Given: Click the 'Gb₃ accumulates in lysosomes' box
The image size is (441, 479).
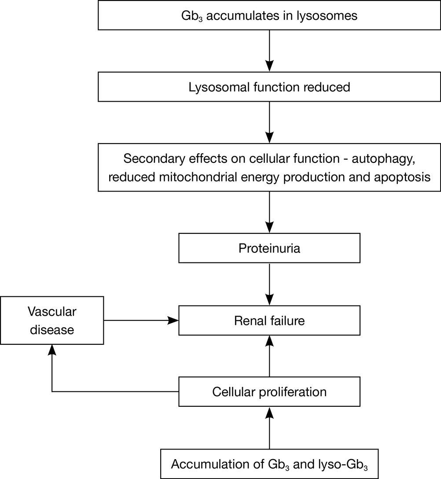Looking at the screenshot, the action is coord(269,15).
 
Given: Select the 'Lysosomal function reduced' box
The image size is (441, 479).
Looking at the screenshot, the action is coord(269,87).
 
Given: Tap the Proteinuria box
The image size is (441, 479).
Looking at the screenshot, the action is coord(269,248).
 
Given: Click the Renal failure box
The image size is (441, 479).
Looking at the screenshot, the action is coord(269,321).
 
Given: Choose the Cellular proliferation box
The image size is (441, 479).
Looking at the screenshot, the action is coord(269,392).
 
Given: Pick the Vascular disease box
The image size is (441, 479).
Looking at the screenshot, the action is coord(52,321).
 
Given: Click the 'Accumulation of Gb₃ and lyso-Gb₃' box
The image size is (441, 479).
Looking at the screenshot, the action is coord(269,464).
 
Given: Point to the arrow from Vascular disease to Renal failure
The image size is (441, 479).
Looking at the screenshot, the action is coord(141,321).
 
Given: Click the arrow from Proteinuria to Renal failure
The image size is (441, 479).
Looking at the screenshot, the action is coord(269,284).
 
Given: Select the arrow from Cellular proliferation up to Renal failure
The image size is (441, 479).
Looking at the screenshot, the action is coord(269,356).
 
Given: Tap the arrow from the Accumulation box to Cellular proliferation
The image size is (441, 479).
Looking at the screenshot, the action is coord(269,427).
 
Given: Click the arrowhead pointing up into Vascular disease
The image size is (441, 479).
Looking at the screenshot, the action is coord(52,350).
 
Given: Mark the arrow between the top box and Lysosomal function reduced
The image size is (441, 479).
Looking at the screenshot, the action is coord(269,51).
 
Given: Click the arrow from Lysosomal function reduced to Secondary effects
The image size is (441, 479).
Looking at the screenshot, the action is coord(269,122).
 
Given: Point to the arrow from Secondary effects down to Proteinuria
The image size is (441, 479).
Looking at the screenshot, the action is coord(269,212).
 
